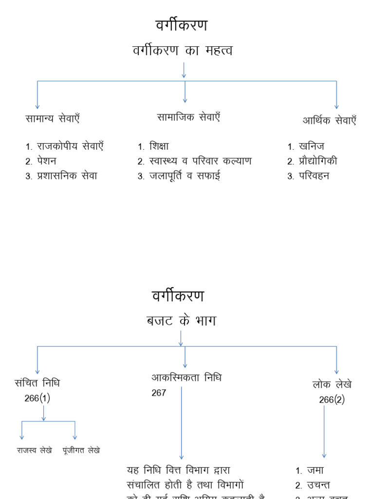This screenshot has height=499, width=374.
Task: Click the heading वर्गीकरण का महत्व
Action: [183, 50]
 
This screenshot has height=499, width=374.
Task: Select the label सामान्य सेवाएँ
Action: [53, 118]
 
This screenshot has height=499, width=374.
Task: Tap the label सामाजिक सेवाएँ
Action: [188, 117]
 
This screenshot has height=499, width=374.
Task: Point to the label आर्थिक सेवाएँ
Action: [329, 121]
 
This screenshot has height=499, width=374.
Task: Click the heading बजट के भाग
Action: [181, 321]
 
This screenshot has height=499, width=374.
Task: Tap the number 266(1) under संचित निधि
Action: [37, 398]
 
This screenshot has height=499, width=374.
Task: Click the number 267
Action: [159, 393]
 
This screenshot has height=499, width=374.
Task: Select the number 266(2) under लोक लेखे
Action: [332, 400]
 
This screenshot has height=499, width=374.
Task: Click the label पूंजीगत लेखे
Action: [81, 451]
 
